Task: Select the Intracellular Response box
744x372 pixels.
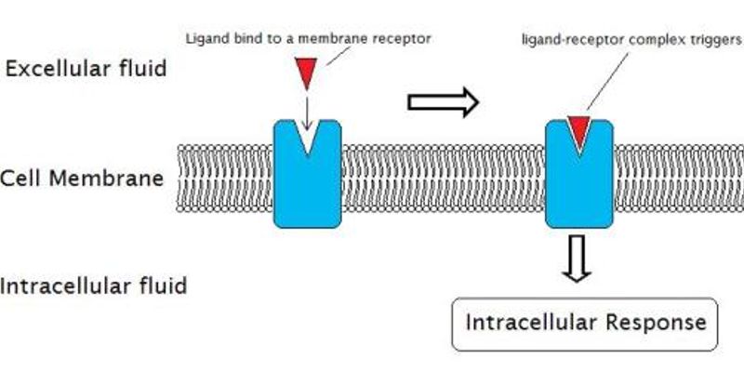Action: tap(585, 324)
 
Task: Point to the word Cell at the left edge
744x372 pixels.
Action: tap(20, 178)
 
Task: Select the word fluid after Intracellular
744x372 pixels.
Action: tap(164, 285)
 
